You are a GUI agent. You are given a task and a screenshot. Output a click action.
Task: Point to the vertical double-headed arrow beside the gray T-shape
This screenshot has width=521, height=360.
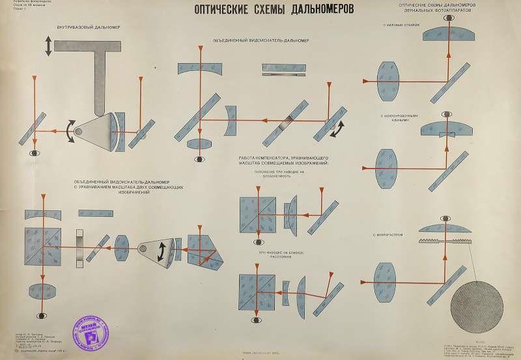48,46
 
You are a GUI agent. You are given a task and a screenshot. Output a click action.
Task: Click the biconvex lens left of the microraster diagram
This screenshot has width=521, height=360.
388,283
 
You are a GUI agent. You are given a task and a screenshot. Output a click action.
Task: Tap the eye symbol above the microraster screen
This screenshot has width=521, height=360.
445,219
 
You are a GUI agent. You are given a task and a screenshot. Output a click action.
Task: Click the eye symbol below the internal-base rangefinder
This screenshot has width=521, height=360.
34,152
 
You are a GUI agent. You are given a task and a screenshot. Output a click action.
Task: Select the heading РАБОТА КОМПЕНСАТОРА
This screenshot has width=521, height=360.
287,161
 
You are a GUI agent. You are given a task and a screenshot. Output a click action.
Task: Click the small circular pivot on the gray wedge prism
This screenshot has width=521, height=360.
79,132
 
